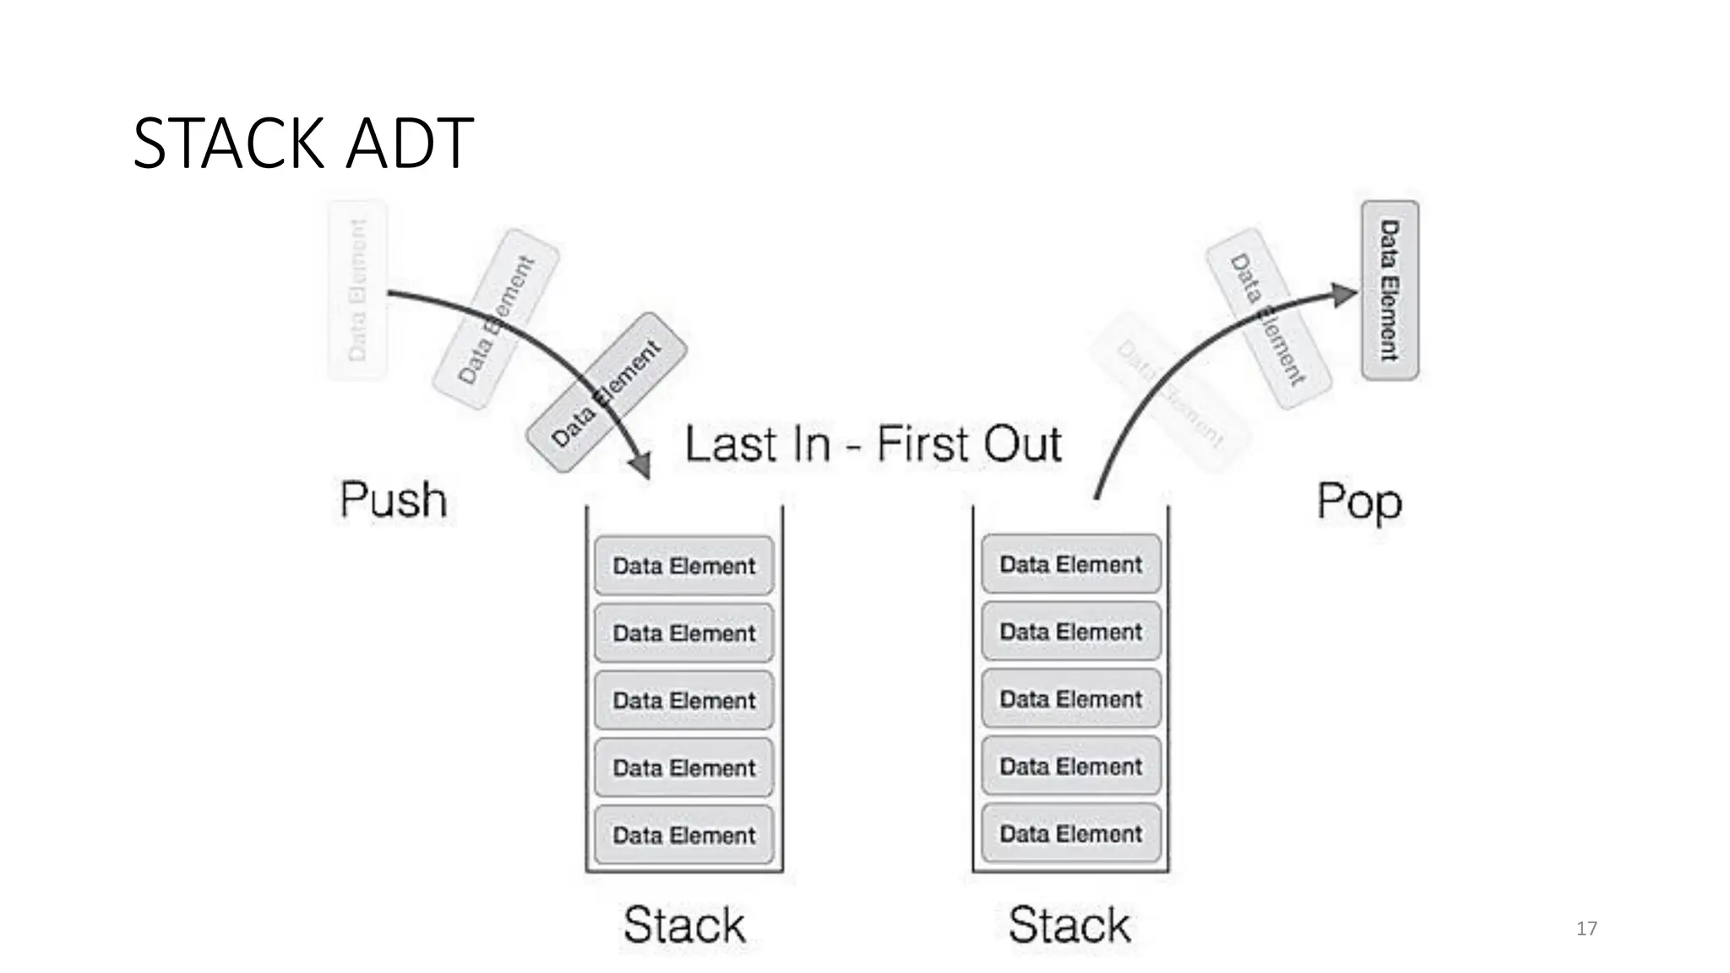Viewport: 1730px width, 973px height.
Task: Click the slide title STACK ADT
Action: click(x=302, y=144)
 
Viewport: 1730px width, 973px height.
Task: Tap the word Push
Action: click(x=393, y=500)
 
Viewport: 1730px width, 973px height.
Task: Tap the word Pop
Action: click(x=1359, y=502)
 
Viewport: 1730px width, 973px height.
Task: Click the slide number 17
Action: click(x=1586, y=929)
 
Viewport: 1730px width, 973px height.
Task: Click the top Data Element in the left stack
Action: click(x=683, y=566)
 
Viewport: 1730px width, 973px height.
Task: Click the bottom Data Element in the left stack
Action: click(x=683, y=835)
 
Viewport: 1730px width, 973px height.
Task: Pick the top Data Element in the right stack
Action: click(x=1070, y=564)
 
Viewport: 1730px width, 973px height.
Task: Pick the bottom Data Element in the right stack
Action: click(x=1070, y=834)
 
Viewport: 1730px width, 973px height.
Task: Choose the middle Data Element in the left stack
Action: click(x=683, y=700)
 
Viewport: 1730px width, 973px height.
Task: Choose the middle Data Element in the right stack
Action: click(x=1070, y=699)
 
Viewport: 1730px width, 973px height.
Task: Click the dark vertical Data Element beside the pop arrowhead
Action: click(x=1390, y=291)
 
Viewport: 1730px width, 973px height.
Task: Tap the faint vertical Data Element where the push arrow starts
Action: click(x=357, y=291)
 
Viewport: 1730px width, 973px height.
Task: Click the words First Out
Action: click(x=968, y=444)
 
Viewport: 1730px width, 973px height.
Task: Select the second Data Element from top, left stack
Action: click(x=683, y=633)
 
